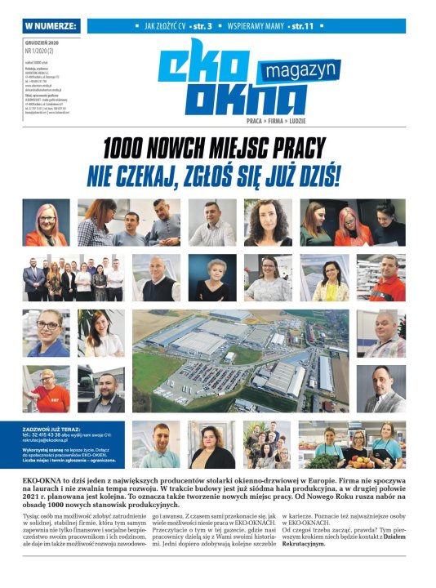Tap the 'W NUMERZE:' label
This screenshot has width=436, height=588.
pyautogui.click(x=51, y=26)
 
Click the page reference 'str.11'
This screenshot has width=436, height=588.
pyautogui.click(x=305, y=26)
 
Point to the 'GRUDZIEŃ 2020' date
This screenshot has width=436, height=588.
pyautogui.click(x=43, y=41)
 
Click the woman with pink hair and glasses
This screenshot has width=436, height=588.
pyautogui.click(x=46, y=222)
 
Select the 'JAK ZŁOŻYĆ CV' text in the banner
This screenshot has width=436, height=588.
pyautogui.click(x=167, y=26)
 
